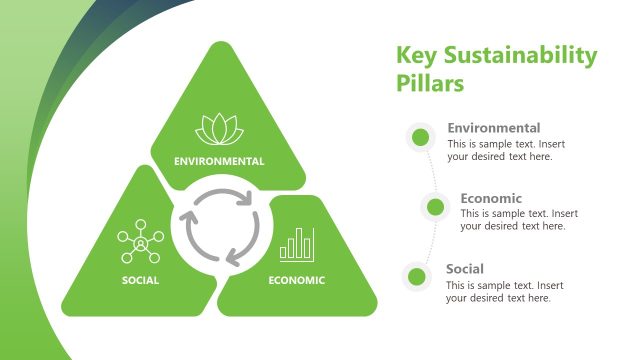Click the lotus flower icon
pos(219,128)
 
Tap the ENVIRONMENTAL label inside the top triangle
pos(219,161)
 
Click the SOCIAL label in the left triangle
pos(140,280)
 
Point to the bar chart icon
pos(297,244)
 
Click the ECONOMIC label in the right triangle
pos(297,280)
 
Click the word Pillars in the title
pos(430,84)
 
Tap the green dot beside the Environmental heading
pos(420,137)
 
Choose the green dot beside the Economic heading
pos(435,207)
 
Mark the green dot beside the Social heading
pos(420,278)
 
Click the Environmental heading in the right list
pos(494,128)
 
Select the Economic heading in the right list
pos(491,198)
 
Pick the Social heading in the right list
pos(465,269)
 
